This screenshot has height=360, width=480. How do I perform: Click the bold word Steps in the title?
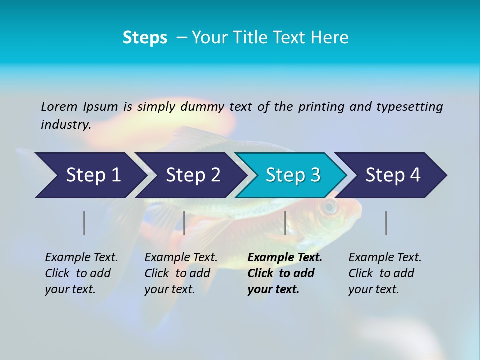[145, 38]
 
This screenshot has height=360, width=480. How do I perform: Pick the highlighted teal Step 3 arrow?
[292, 175]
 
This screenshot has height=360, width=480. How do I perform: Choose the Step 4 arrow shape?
[392, 175]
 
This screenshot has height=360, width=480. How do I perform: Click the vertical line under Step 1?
[84, 223]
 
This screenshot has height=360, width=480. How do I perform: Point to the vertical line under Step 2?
[184, 223]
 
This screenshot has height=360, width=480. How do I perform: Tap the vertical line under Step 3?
[285, 223]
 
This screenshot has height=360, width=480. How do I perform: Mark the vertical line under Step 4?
[386, 223]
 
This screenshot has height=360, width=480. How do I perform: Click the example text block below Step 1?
[81, 273]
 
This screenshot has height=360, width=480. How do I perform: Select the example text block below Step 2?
[180, 273]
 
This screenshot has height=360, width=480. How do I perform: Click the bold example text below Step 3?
[284, 273]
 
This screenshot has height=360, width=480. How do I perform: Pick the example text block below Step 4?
[384, 273]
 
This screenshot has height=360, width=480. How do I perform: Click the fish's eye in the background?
[329, 206]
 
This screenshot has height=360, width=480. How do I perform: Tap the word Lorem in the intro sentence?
[59, 107]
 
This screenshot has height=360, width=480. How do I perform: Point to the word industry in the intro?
[65, 125]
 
